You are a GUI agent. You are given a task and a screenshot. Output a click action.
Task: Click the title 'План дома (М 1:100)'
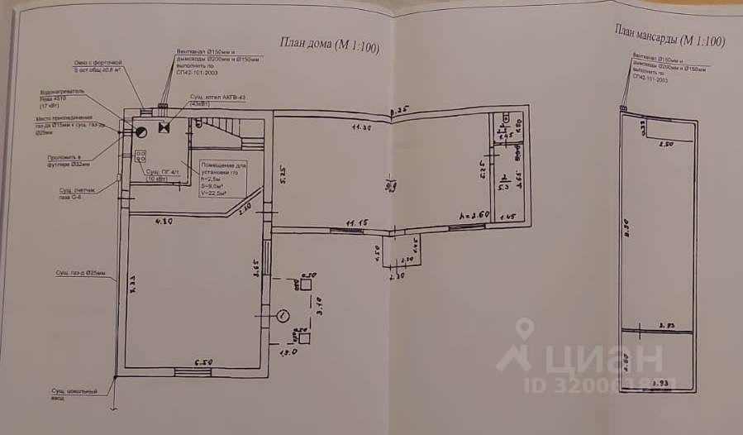(329, 46)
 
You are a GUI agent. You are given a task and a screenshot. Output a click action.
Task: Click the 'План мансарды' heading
(670, 36)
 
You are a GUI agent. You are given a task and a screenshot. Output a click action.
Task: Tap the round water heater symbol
(141, 129)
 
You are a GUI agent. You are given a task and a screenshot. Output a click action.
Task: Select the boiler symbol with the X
(163, 128)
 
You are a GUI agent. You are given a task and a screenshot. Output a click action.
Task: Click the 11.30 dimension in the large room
(358, 128)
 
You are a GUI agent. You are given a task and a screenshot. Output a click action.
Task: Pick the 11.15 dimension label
(357, 222)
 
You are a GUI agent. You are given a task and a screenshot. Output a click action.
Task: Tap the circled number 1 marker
(283, 314)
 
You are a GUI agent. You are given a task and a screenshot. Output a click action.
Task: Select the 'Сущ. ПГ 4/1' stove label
(162, 175)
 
